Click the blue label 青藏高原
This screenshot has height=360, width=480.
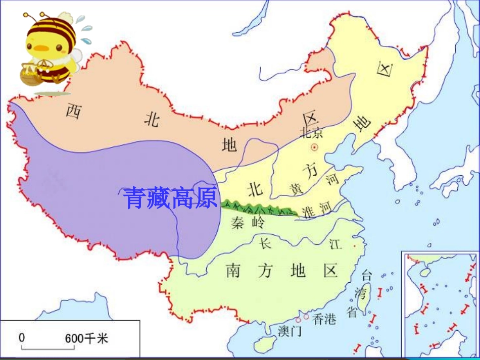[x=171, y=197]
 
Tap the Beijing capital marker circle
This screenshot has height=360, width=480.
[x=315, y=147]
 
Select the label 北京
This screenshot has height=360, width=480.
[x=311, y=132]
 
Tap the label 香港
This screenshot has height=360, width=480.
[x=324, y=319]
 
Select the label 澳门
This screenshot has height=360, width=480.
[x=290, y=332]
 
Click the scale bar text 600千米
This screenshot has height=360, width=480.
[x=86, y=338]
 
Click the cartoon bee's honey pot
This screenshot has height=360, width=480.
[x=30, y=75]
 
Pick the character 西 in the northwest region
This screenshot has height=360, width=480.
[x=74, y=111]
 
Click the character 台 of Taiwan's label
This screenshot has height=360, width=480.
[x=367, y=275]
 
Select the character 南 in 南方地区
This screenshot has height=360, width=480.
[x=233, y=271]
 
